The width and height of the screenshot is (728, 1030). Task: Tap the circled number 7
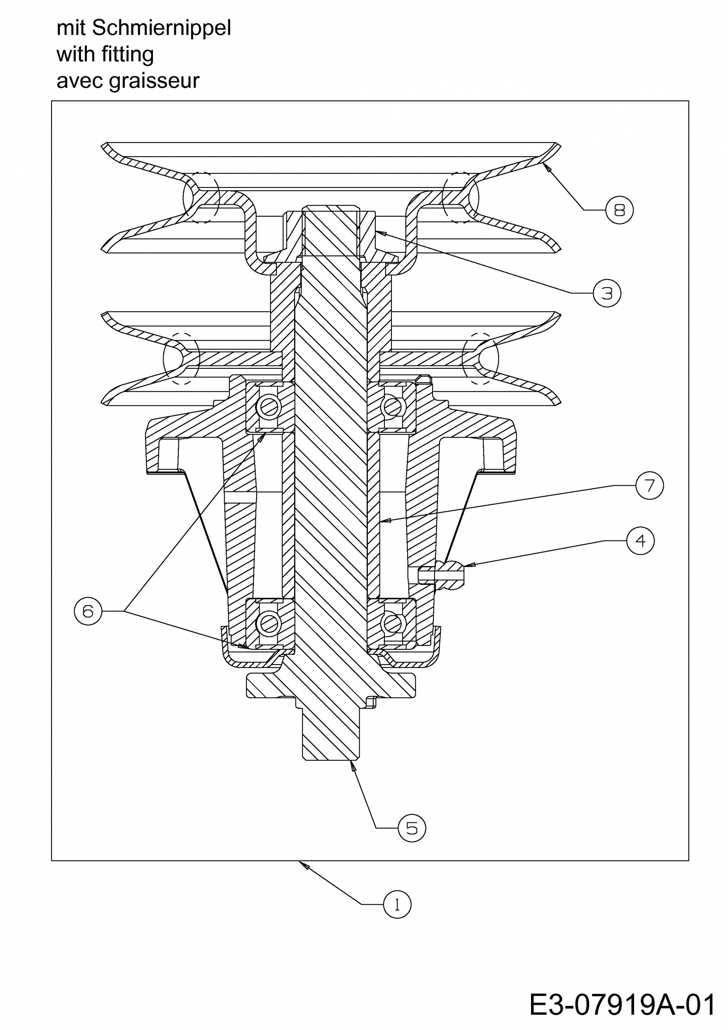click(649, 485)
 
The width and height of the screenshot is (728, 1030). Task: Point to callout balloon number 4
click(640, 541)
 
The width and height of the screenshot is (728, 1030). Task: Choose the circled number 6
click(88, 611)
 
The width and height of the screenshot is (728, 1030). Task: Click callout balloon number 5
click(412, 828)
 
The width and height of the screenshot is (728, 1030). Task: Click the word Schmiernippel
click(162, 28)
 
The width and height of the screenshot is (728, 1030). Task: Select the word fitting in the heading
click(128, 55)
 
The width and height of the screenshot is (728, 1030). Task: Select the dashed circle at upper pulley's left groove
click(201, 197)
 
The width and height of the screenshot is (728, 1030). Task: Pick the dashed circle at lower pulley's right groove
click(480, 358)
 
